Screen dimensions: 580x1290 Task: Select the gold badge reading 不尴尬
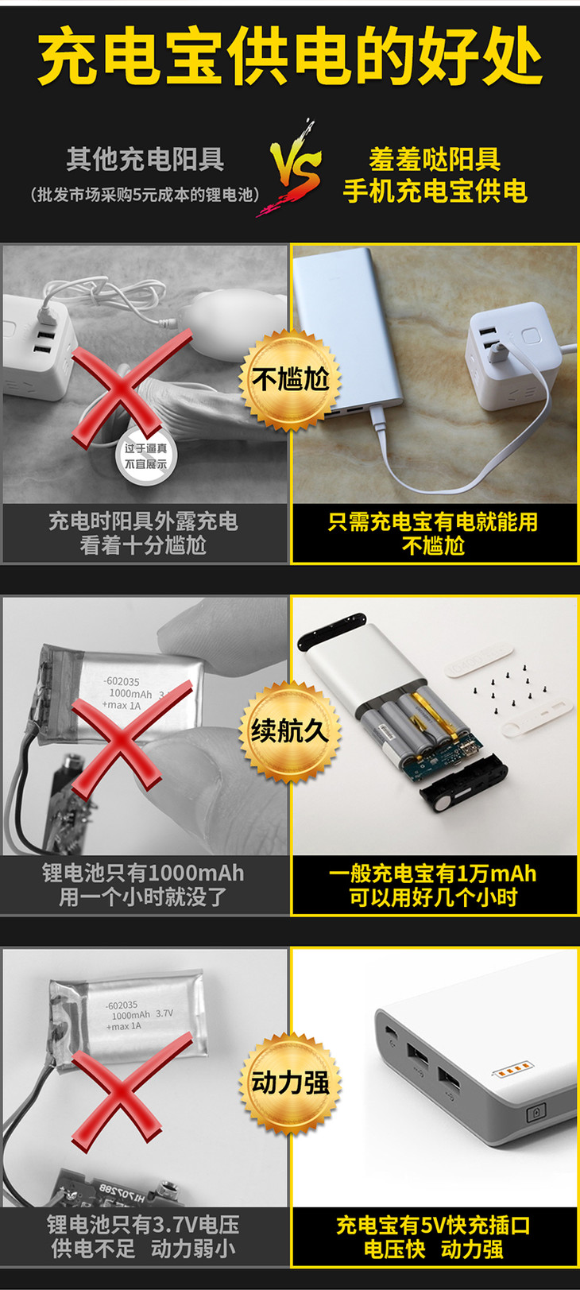(290, 380)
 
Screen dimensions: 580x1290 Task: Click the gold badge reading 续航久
(290, 731)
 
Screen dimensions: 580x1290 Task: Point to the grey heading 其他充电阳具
(145, 158)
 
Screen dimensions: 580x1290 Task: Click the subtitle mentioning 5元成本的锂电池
(145, 195)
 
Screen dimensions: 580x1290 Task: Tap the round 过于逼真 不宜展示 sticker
(146, 455)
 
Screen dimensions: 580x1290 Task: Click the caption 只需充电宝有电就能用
(433, 521)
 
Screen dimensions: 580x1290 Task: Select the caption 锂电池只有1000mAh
(143, 873)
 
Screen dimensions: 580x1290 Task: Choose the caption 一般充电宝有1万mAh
(433, 874)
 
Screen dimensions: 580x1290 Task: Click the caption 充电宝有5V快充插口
(433, 1225)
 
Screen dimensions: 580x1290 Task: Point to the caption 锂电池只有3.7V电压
(143, 1224)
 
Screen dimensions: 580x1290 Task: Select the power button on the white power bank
(536, 1112)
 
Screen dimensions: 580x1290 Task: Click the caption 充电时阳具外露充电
(143, 521)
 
